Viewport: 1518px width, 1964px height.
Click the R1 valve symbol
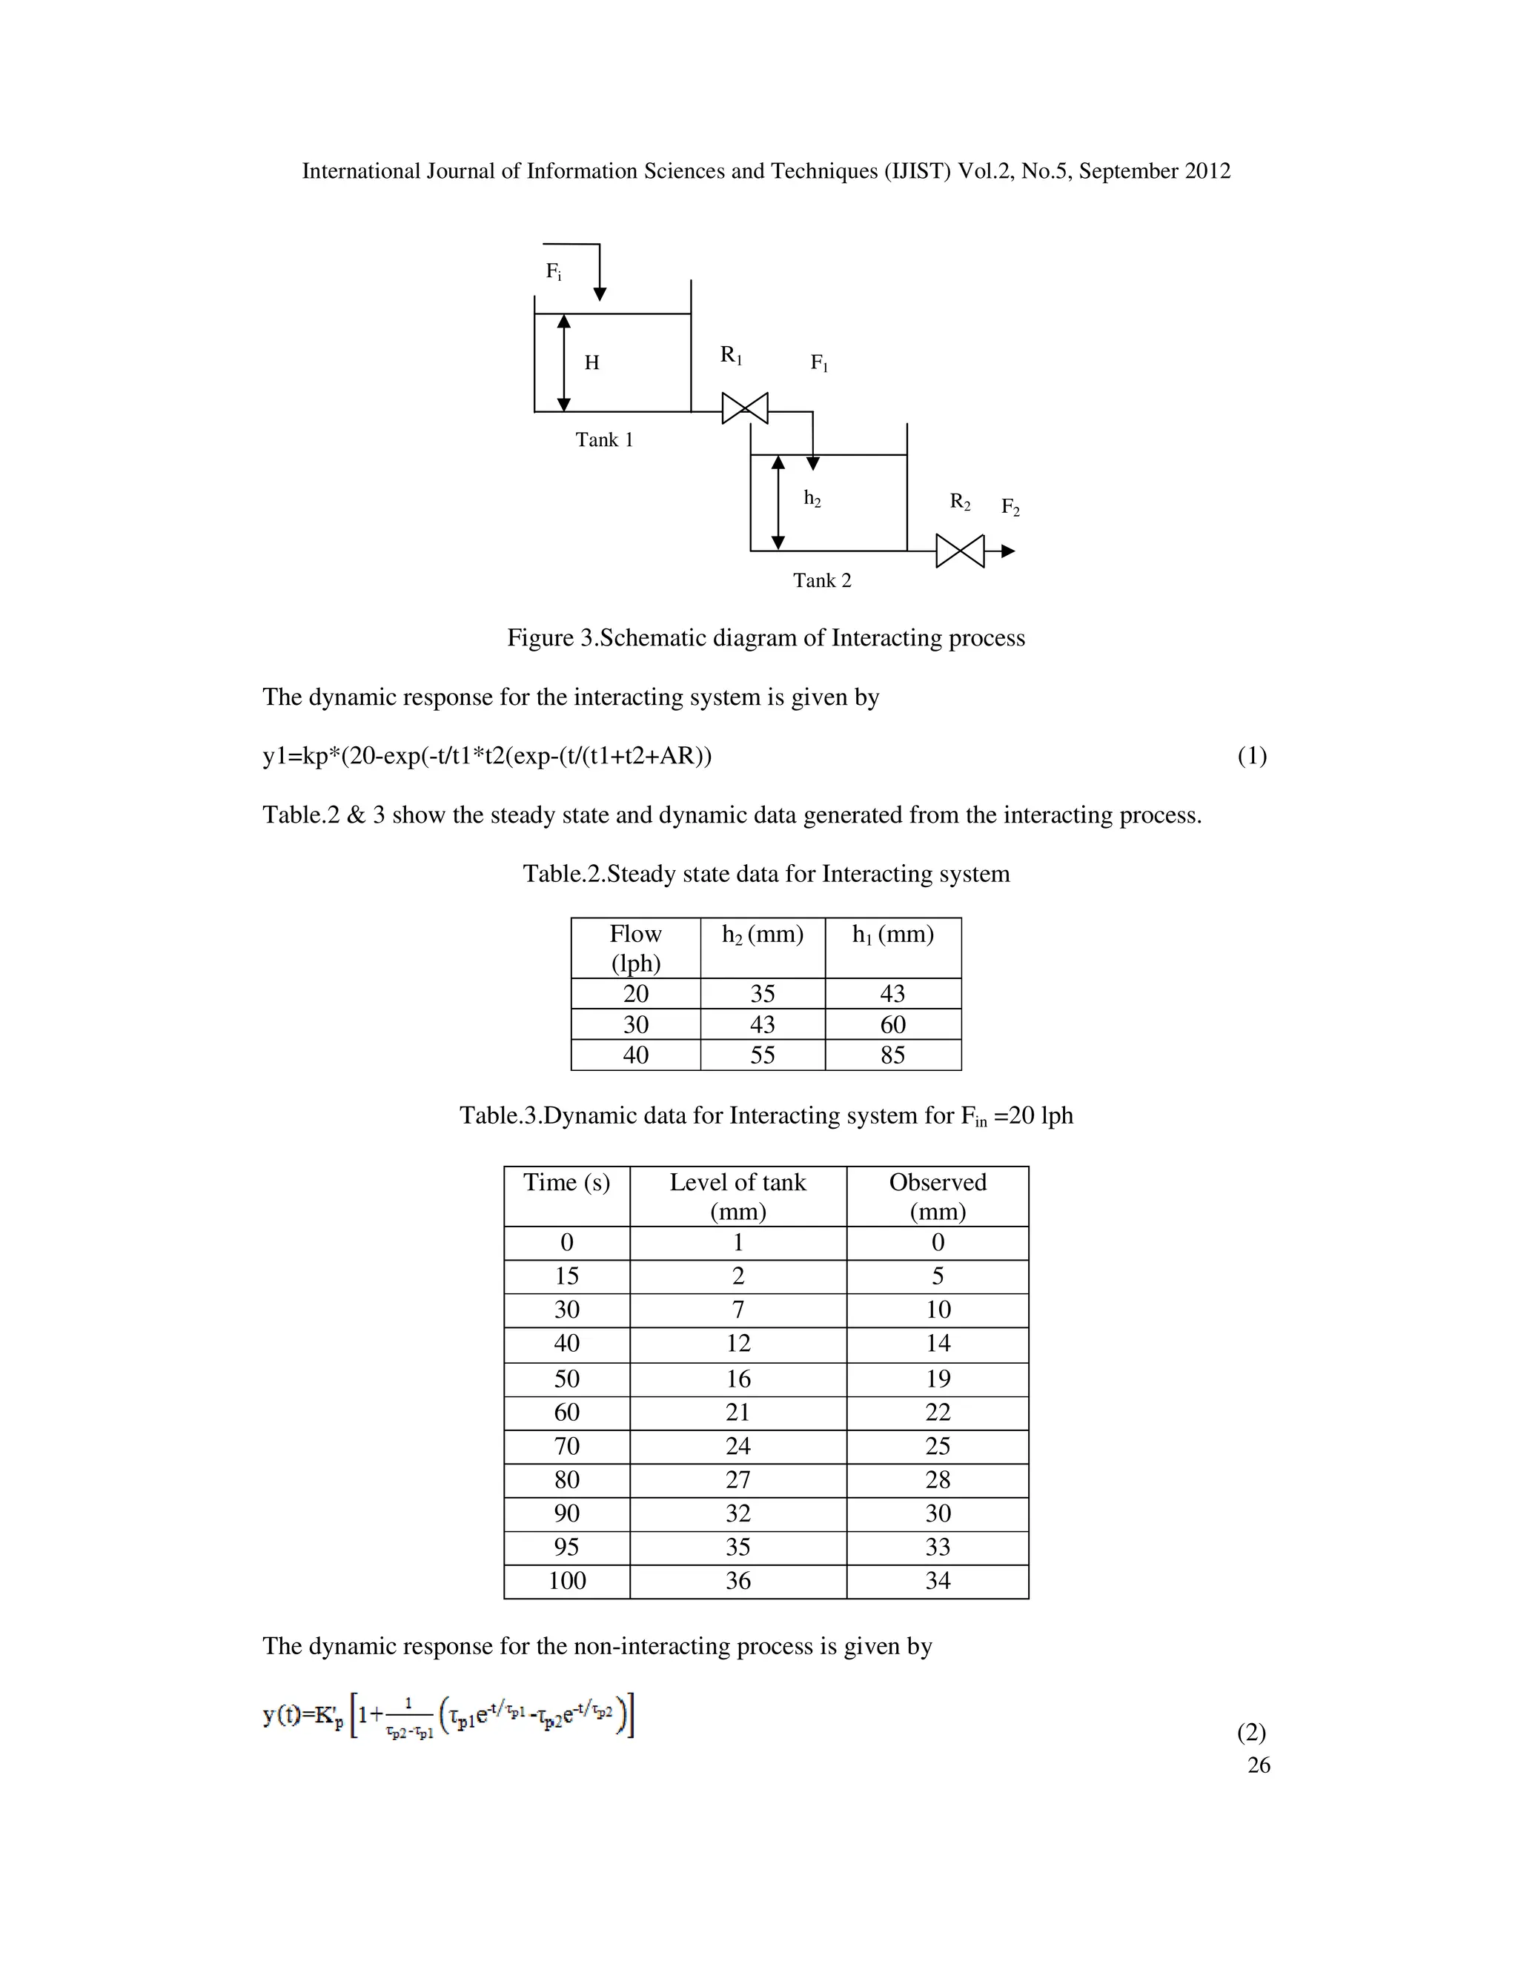coord(745,408)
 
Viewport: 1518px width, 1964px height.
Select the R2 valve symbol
coord(960,551)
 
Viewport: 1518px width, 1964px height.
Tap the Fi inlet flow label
coord(554,271)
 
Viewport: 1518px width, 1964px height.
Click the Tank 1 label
coord(604,439)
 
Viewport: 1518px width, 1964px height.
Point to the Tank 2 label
coord(822,580)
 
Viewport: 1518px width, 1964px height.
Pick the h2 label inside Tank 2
coord(812,498)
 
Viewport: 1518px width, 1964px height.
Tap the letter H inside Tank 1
coord(591,362)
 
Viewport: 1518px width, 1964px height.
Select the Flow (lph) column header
coord(636,948)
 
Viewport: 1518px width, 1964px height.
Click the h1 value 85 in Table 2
coord(893,1055)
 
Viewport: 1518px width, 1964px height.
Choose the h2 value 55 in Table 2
coord(763,1055)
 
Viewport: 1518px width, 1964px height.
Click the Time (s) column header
coord(566,1183)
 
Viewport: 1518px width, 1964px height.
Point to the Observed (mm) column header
coord(938,1196)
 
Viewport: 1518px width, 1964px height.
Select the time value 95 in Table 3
coord(566,1547)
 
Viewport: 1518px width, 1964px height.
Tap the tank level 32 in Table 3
coord(738,1513)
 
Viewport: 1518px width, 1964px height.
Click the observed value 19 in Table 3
coord(938,1379)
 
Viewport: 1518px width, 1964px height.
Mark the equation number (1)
coord(1252,755)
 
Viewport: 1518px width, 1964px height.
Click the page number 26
coord(1258,1765)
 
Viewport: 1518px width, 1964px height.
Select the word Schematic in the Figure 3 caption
coord(653,637)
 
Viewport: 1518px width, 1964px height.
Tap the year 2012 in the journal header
coord(1207,171)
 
